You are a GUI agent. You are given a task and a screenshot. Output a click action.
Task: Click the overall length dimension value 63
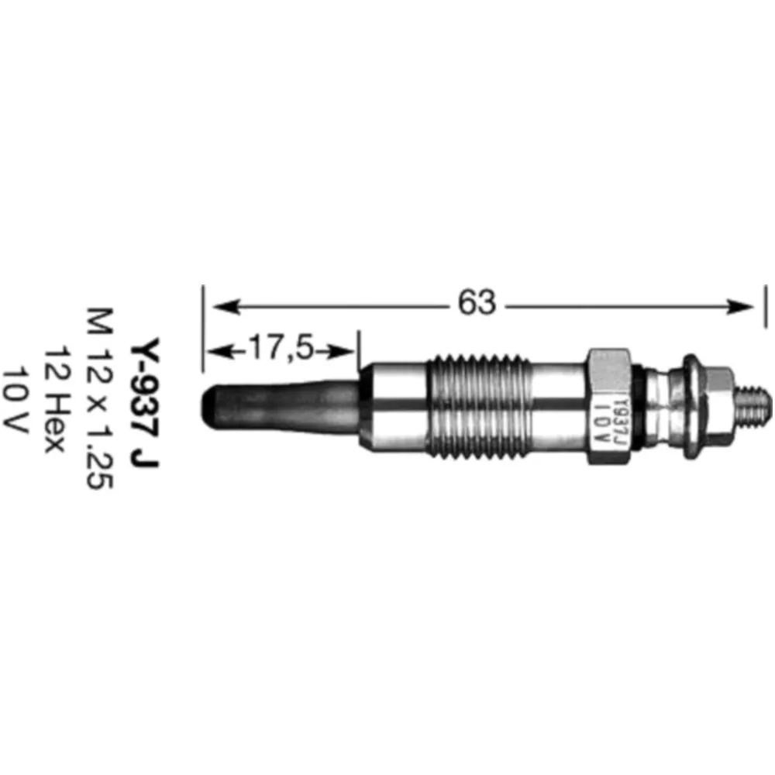tap(476, 302)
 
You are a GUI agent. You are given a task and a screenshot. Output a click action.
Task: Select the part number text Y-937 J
tap(145, 402)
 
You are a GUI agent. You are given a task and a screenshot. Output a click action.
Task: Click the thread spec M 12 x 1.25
tap(99, 398)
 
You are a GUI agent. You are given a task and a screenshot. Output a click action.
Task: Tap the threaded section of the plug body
tap(479, 405)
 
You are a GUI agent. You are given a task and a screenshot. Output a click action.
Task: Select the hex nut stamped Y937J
tap(608, 406)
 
